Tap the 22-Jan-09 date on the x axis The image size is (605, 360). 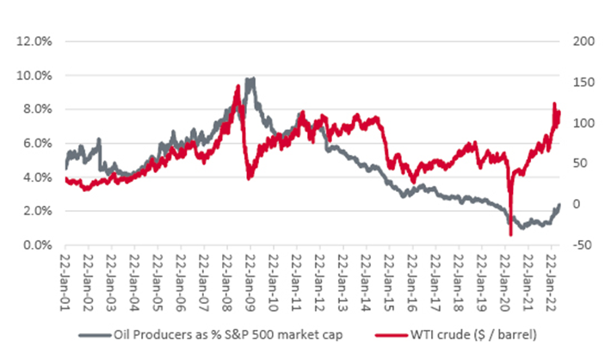pos(251,276)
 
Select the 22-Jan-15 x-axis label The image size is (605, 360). pos(389,276)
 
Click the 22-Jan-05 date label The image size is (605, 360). pos(158,276)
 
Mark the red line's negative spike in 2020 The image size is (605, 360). pos(510,234)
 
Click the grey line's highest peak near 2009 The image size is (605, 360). pos(250,78)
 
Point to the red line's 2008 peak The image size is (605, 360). pos(238,84)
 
